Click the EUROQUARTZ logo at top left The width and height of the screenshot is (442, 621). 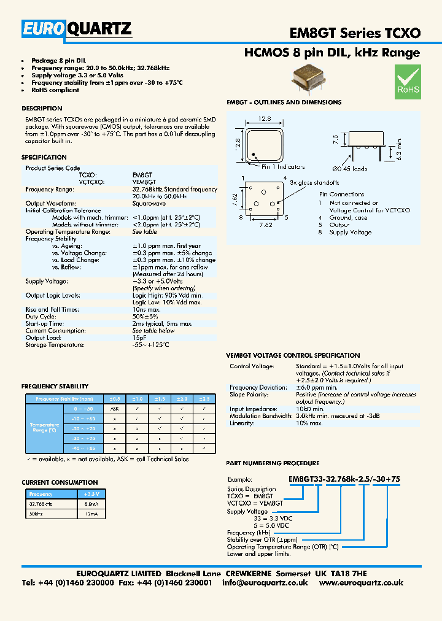click(x=77, y=29)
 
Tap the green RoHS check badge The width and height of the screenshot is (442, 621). click(x=408, y=82)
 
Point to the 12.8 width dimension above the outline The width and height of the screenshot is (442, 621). click(x=265, y=120)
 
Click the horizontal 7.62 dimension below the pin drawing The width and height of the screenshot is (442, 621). click(x=265, y=225)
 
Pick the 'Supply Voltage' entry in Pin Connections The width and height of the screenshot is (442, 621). click(x=351, y=233)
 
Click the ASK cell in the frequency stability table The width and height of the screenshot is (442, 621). click(x=114, y=409)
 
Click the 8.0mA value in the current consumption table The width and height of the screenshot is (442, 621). click(x=91, y=503)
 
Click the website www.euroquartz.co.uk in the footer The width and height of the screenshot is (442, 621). click(x=361, y=583)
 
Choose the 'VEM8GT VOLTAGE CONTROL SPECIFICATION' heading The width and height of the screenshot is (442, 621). click(x=293, y=355)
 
